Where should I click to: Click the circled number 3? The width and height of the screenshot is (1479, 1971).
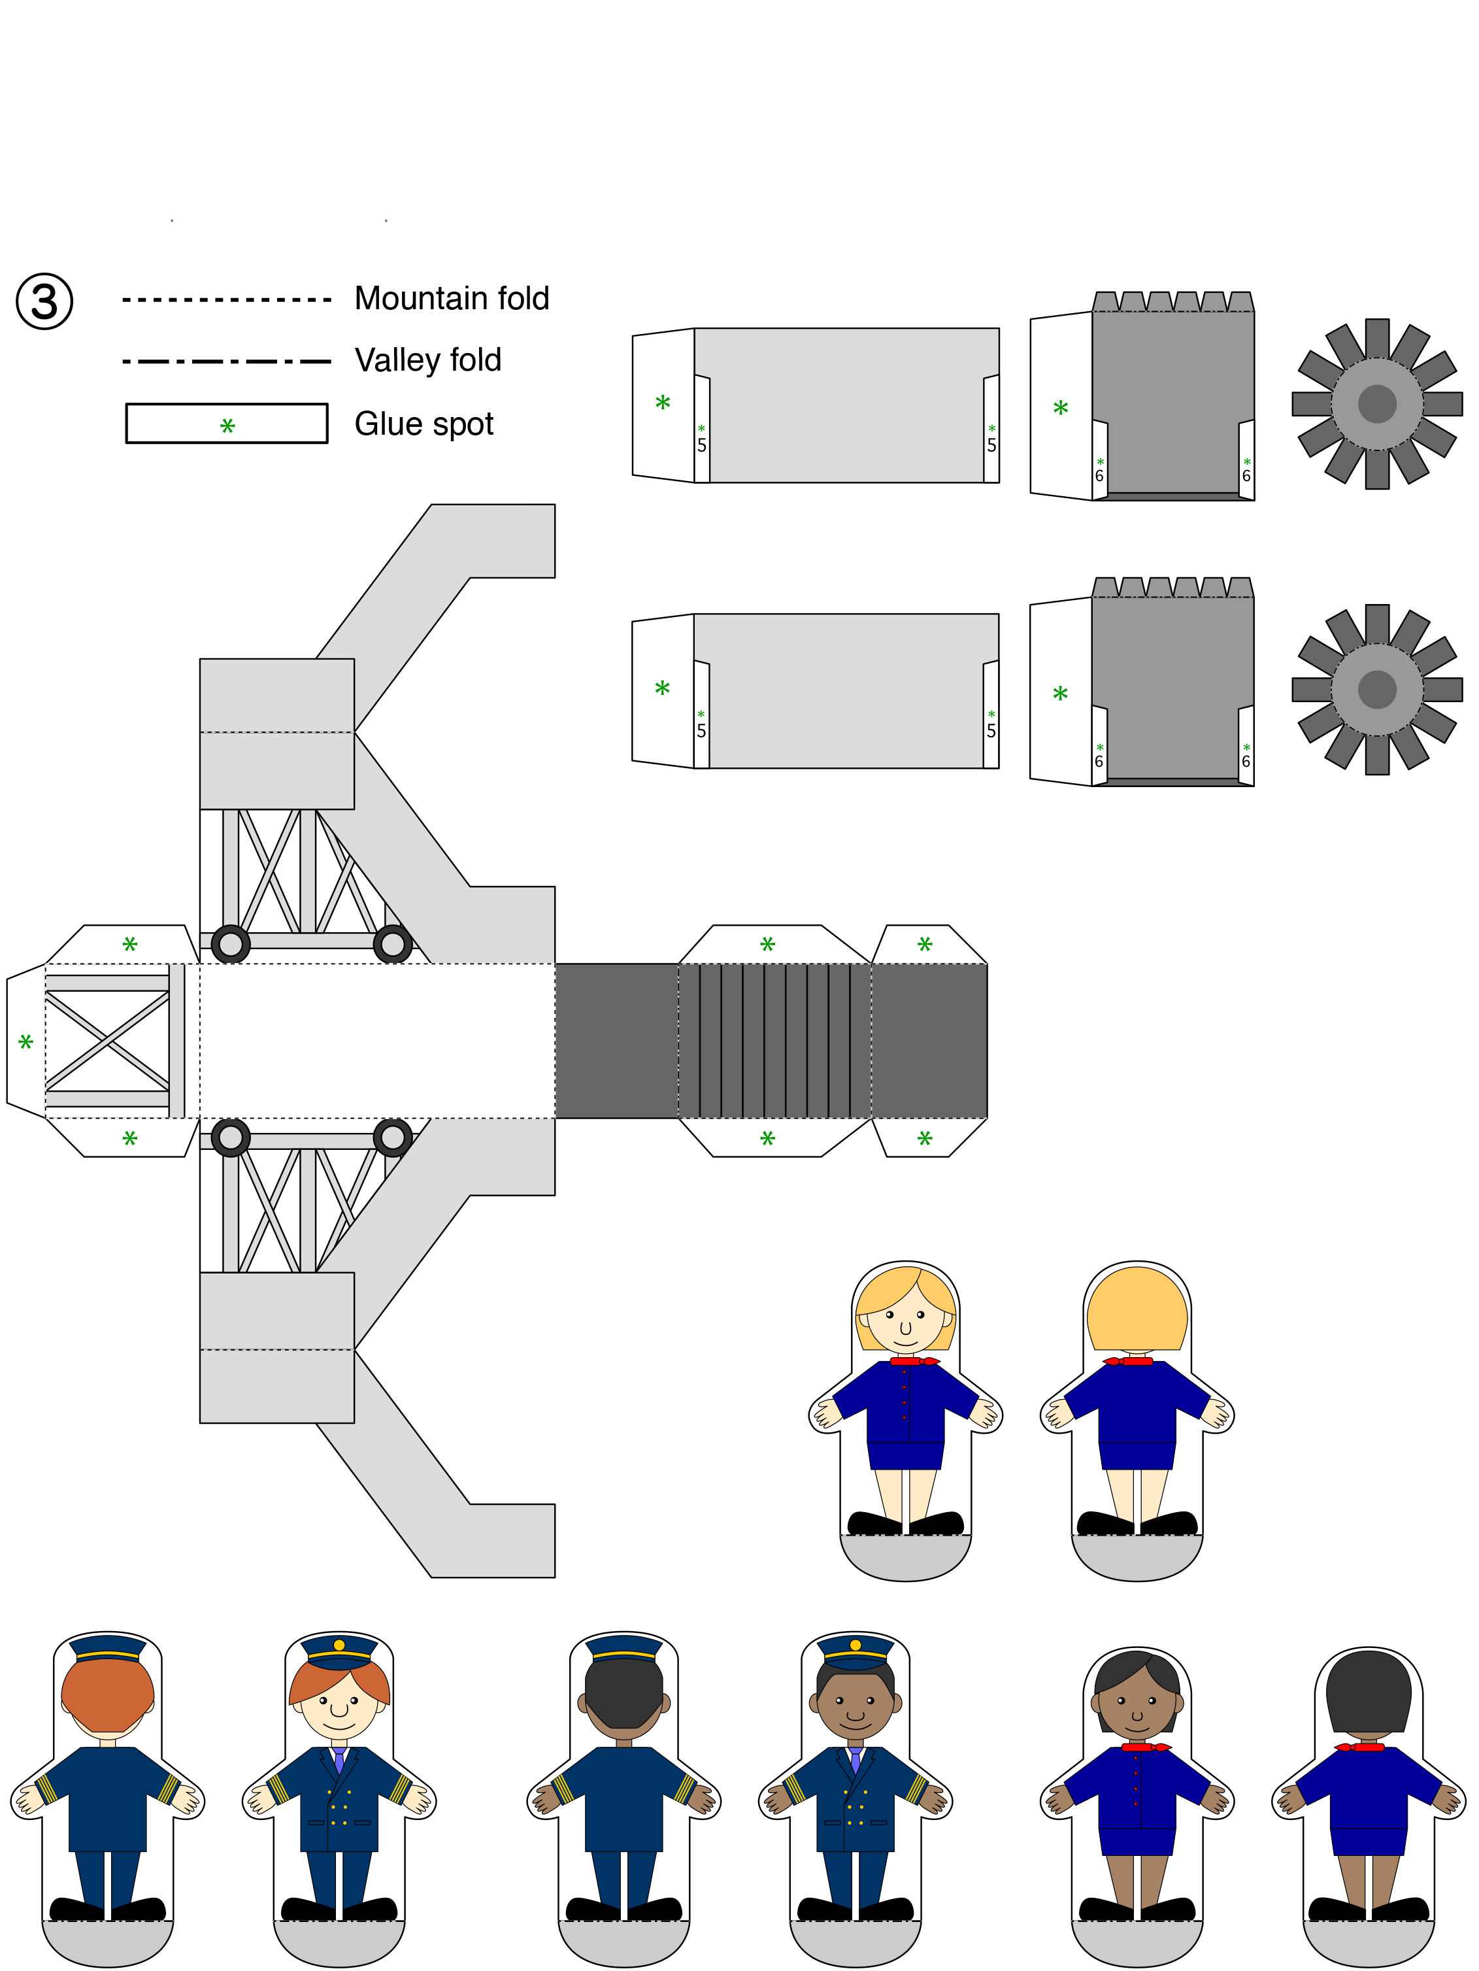[x=44, y=301]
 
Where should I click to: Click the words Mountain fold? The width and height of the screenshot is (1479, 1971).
[x=452, y=299]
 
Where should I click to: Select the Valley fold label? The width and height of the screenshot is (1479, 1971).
[x=427, y=360]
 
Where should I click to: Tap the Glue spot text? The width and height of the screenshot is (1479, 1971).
[x=424, y=424]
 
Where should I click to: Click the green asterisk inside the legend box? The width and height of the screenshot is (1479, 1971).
[x=227, y=426]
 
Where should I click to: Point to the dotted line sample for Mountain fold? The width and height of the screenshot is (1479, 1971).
[x=226, y=299]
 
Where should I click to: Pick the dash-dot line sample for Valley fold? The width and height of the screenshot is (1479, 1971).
[x=226, y=362]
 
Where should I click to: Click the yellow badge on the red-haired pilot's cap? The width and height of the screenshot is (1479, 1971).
[x=339, y=1645]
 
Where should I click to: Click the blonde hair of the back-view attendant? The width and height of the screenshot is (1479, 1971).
[x=1137, y=1310]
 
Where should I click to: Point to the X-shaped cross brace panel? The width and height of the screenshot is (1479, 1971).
[x=107, y=1041]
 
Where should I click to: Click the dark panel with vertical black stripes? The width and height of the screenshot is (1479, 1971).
[x=774, y=1041]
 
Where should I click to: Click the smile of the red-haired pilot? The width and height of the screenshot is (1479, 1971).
[x=339, y=1724]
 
